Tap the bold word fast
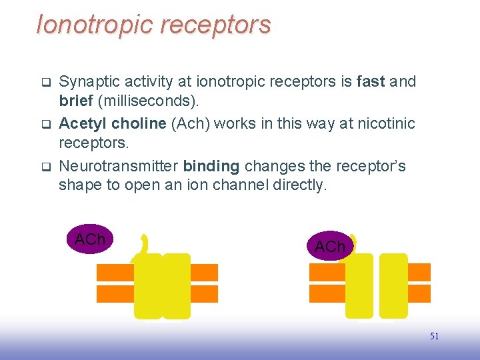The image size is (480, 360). point(371,82)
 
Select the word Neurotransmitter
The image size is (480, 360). point(119,166)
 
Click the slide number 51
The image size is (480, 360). point(434,336)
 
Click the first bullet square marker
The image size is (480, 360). point(46,83)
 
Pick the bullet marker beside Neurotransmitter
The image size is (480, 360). point(46,167)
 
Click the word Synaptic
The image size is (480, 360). point(85,82)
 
